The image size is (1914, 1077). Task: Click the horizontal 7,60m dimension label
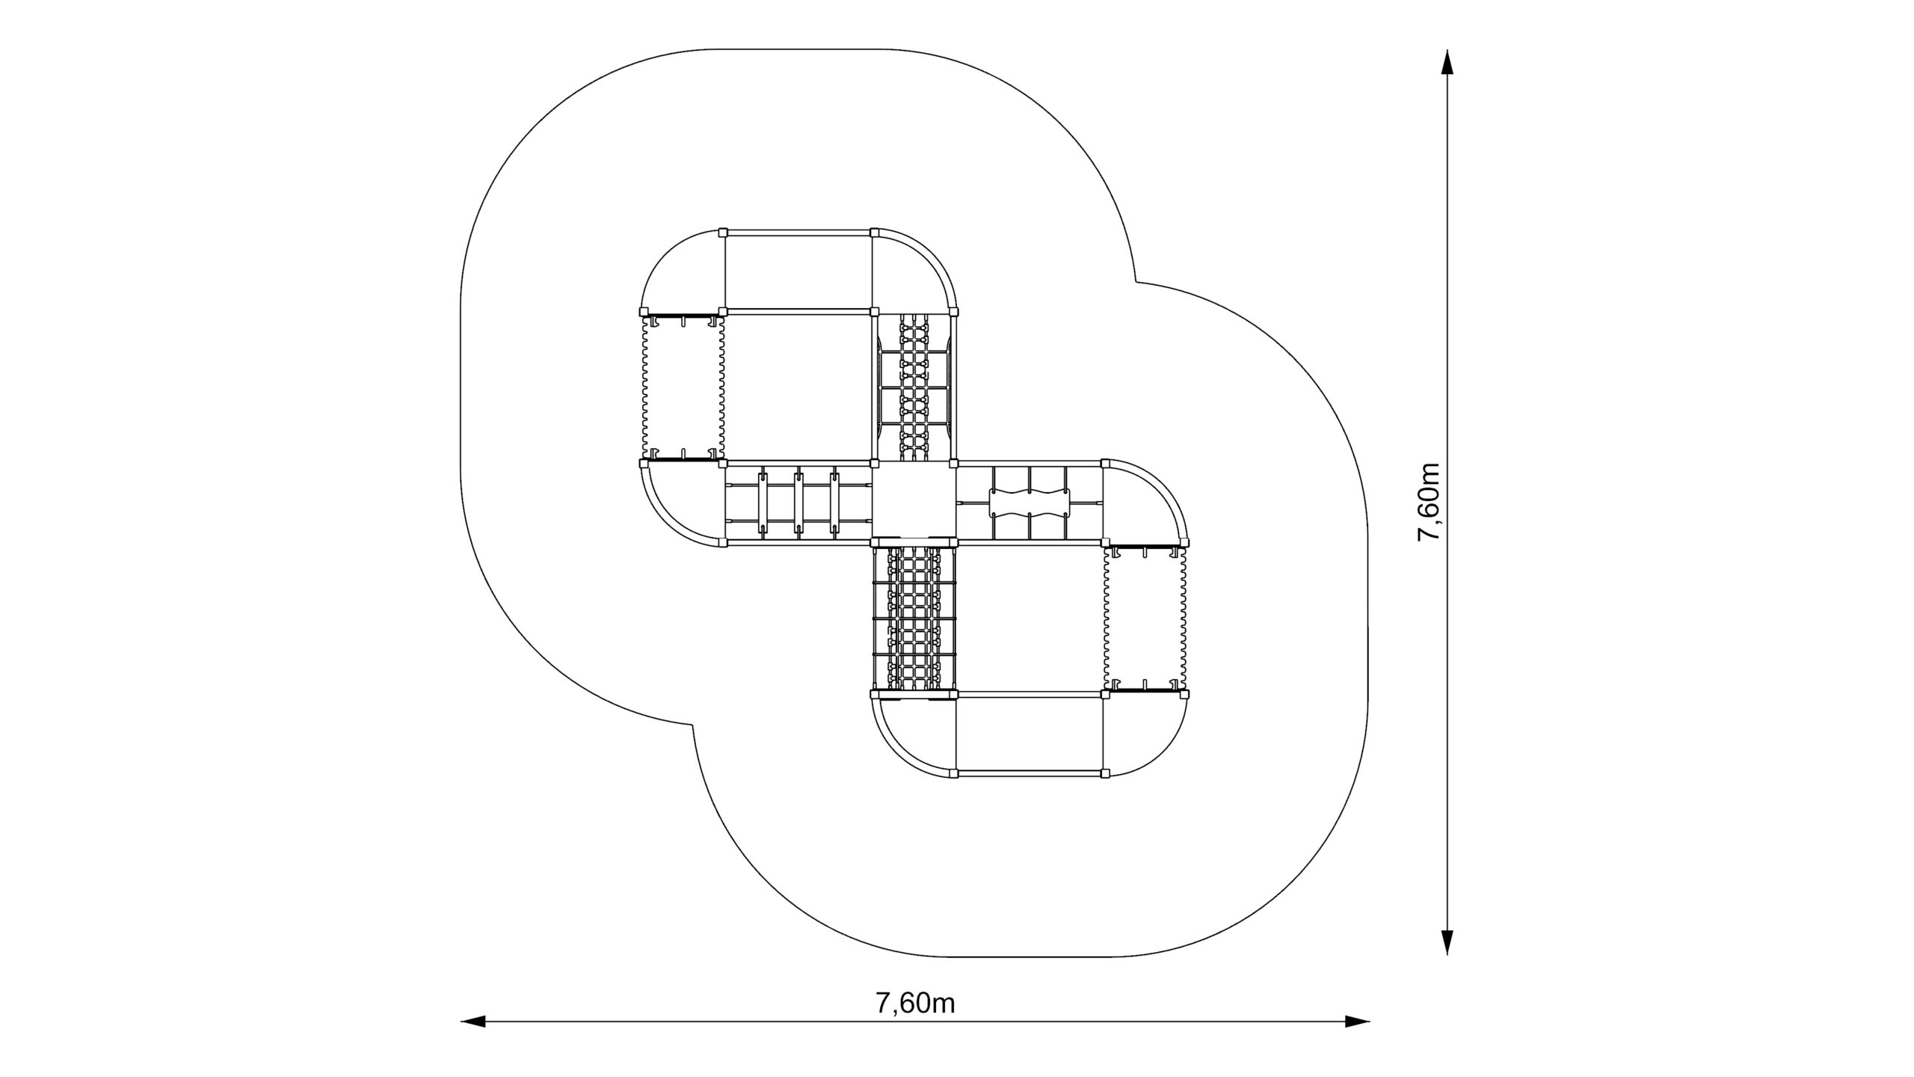click(915, 1003)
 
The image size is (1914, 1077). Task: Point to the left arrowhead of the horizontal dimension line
click(473, 1021)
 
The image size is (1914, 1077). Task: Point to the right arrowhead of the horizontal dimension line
click(1357, 1021)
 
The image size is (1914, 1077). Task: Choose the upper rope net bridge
click(913, 387)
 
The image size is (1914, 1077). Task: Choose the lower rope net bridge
click(914, 619)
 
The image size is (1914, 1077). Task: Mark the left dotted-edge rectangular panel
click(683, 387)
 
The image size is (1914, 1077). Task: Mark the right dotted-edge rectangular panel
click(1145, 619)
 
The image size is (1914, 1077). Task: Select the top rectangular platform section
click(798, 271)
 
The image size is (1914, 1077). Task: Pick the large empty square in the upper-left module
click(798, 387)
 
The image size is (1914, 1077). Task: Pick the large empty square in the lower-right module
click(1030, 619)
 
